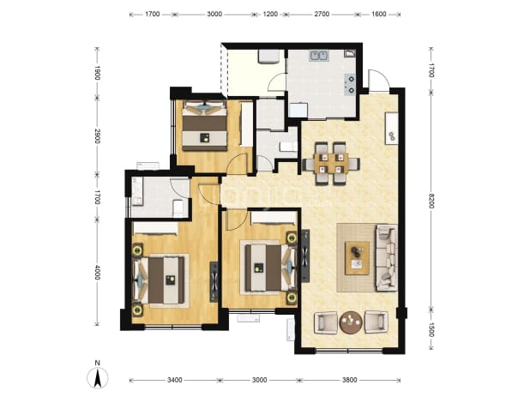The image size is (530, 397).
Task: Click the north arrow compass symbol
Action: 98,378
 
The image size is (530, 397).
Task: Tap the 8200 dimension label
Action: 431,201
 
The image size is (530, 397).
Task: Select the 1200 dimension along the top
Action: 270,15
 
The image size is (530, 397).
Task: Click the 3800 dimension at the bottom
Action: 349,380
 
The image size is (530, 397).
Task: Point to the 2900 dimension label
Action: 97,135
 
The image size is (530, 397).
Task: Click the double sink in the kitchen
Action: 319,56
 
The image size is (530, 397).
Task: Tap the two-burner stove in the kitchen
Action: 350,84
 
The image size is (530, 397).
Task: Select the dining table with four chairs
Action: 331,164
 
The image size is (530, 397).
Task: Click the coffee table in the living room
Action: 357,258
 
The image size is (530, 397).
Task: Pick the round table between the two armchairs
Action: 352,322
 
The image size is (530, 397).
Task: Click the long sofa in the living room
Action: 387,258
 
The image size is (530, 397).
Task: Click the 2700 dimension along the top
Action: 322,15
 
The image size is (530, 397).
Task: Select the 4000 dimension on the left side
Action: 97,273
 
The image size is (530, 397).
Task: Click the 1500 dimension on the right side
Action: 431,329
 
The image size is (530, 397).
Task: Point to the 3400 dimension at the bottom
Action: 174,380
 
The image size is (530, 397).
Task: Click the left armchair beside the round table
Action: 326,323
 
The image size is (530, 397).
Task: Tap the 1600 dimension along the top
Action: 378,15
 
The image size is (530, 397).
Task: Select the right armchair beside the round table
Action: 376,323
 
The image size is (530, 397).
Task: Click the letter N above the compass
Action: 98,364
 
